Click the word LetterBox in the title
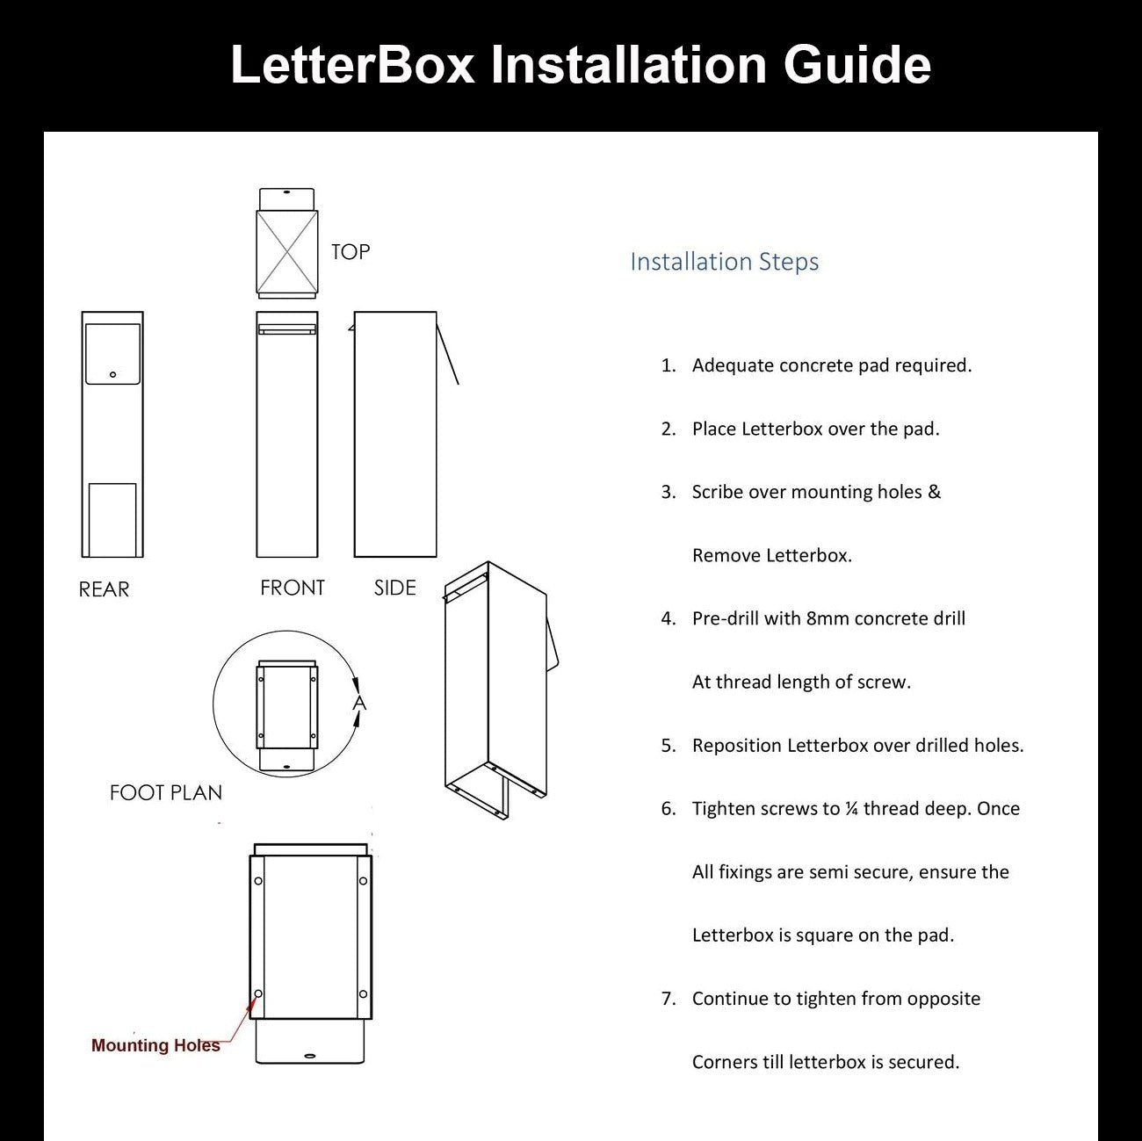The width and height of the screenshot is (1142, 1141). pos(352,65)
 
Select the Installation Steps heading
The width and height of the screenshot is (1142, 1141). pos(724,262)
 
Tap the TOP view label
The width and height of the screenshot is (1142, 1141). pos(351,252)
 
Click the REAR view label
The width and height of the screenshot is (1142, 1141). pos(104,589)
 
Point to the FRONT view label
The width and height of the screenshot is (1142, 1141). pos(292,588)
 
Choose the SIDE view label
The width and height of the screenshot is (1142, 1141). pos(394,588)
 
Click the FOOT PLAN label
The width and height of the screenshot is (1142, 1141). pos(165,792)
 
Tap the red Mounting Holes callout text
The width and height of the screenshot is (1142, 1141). pos(155,1045)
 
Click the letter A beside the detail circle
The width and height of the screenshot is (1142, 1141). pos(358,703)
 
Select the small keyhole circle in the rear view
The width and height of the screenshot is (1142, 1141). pos(112,375)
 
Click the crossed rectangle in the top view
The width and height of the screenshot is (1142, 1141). pos(286,251)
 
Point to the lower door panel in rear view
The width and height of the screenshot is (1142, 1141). pos(112,519)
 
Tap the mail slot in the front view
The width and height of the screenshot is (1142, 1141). pos(286,329)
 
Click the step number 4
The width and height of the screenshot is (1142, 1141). pos(669,618)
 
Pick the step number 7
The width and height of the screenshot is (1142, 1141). pos(669,999)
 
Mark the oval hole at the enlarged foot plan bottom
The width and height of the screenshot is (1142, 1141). pos(308,1055)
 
